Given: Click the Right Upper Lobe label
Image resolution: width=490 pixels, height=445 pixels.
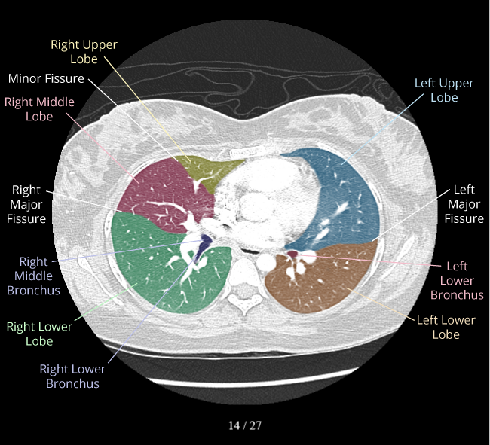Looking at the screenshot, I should [84, 51].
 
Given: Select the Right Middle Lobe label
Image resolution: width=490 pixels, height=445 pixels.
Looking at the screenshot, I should [39, 109].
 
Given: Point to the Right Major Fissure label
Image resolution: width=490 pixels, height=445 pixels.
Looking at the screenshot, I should [28, 204].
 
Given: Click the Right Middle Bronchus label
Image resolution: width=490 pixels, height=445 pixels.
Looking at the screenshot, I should [33, 276].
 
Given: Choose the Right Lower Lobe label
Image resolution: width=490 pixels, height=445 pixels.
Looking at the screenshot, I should [39, 334].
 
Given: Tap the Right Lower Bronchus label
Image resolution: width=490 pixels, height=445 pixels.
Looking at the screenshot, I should [72, 376].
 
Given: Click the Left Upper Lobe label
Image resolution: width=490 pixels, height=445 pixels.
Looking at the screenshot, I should [444, 90].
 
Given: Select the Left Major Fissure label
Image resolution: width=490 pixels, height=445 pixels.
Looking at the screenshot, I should [464, 204].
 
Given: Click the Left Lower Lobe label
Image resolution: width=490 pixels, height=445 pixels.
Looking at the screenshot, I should [446, 327].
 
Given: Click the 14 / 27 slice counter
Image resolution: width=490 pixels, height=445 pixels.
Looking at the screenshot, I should [245, 425].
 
